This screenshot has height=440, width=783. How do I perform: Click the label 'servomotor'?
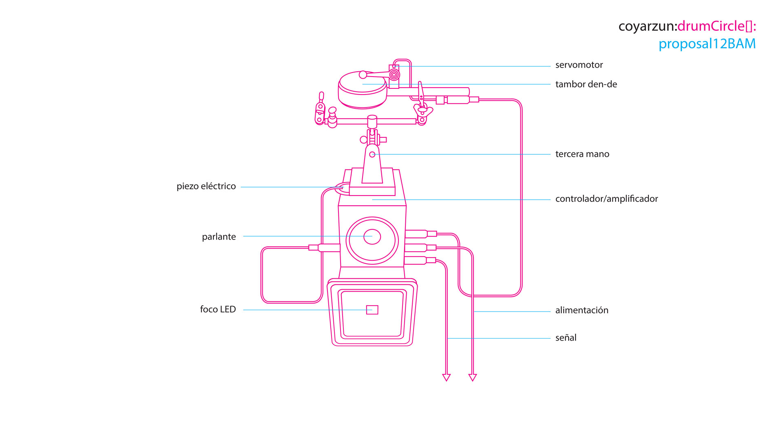(x=579, y=65)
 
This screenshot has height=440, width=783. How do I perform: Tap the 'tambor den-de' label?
(x=586, y=84)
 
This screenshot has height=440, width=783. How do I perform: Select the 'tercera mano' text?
(x=582, y=154)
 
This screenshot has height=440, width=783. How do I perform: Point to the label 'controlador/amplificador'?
(x=606, y=199)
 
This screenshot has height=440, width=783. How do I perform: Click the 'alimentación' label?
(x=582, y=310)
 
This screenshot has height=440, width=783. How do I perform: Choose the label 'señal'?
(x=566, y=337)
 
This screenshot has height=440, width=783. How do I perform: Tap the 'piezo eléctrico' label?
(x=206, y=187)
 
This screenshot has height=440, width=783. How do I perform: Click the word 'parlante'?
(x=219, y=237)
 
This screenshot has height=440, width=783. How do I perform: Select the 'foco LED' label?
(x=218, y=309)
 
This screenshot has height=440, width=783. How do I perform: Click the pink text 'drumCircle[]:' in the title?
(x=717, y=26)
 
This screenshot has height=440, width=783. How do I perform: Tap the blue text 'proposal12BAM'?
(x=707, y=44)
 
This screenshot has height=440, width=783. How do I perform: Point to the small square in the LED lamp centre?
(x=372, y=310)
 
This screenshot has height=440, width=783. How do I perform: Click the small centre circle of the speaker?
(x=372, y=237)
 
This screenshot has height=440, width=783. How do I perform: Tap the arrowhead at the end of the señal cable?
(x=447, y=378)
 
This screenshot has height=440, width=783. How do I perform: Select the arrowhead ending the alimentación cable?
(x=473, y=378)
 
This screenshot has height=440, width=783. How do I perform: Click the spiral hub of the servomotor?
(x=394, y=75)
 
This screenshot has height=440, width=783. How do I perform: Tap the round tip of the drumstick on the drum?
(x=363, y=75)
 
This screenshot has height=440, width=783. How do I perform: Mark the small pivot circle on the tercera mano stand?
(x=372, y=154)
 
